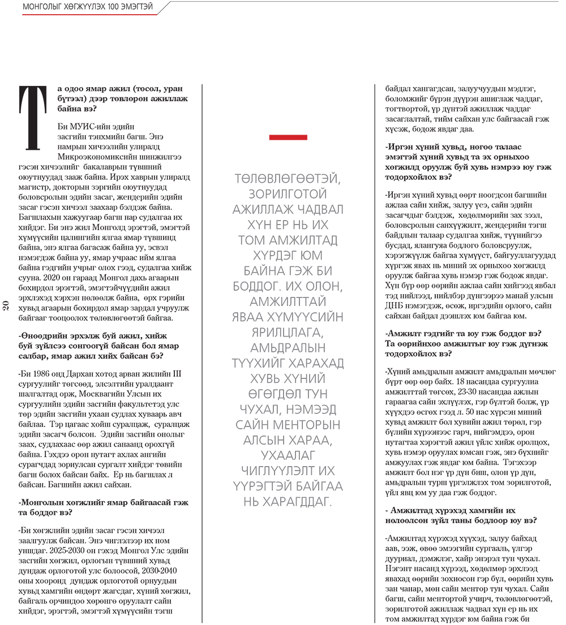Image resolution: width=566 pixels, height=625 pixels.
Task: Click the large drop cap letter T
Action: [34, 118]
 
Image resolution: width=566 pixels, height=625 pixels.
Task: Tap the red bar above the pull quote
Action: [288, 137]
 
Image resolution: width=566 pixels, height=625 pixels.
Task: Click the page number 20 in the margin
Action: [6, 306]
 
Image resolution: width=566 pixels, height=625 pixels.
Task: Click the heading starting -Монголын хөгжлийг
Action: [103, 507]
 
